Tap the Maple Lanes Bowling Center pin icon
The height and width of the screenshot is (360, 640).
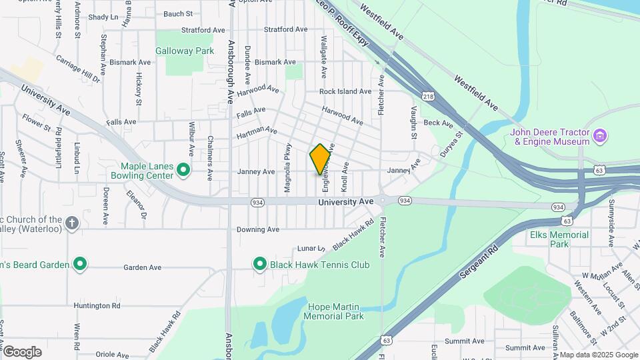(184, 171)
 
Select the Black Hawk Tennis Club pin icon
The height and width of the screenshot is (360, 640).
(260, 265)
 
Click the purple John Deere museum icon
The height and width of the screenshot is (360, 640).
(600, 137)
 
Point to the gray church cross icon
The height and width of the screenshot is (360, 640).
(72, 223)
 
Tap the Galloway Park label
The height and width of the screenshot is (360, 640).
(184, 51)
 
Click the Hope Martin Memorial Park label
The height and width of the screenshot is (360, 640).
(335, 311)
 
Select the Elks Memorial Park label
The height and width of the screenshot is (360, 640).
(559, 239)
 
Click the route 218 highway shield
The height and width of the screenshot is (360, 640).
(428, 97)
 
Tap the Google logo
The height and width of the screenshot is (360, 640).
(22, 351)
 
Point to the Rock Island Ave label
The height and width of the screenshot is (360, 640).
(345, 91)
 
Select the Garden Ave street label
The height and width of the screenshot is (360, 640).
(142, 267)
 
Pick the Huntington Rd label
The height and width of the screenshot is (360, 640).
(97, 306)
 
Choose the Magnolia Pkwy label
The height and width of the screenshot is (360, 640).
(289, 169)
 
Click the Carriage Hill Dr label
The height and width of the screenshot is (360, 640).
(77, 69)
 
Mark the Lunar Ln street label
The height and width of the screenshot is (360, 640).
(311, 248)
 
